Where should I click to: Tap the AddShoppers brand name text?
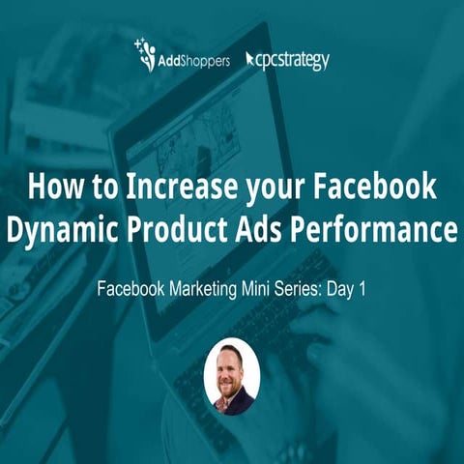(x=194, y=61)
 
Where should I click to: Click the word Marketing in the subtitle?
(x=208, y=288)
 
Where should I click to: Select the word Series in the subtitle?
(x=305, y=288)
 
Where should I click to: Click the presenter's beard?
(x=232, y=385)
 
